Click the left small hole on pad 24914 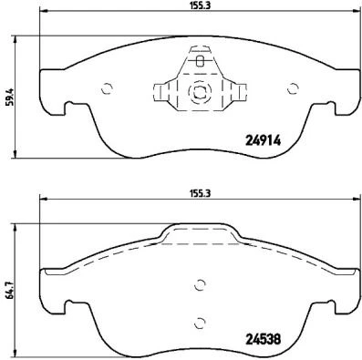click(x=107, y=88)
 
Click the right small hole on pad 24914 click(x=293, y=88)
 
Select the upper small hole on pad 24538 click(x=200, y=283)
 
